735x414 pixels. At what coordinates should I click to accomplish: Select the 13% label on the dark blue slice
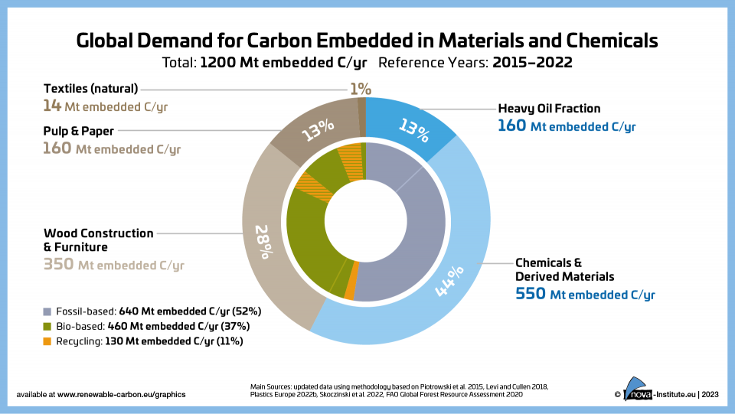[415, 131]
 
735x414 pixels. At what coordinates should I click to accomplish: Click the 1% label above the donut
[361, 89]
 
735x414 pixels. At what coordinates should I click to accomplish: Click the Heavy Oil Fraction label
[549, 109]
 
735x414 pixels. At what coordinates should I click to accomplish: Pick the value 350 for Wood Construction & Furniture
[58, 266]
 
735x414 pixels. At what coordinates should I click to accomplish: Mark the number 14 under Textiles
[52, 106]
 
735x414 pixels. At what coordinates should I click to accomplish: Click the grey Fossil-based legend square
[47, 311]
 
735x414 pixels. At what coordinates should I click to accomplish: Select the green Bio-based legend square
[47, 326]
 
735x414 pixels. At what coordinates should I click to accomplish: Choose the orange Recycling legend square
[47, 341]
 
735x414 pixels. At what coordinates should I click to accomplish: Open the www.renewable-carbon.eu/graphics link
[121, 394]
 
